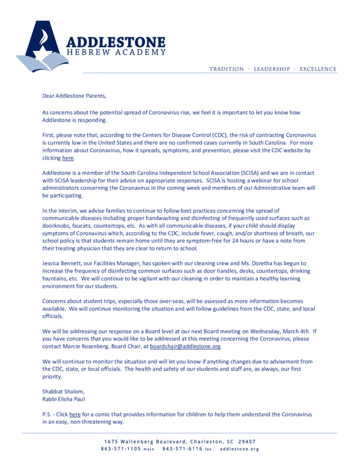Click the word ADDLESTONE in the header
116,42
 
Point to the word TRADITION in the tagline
227,69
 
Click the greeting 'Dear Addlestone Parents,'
75,95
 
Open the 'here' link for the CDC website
68,158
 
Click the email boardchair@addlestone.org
185,347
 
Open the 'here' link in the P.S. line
75,414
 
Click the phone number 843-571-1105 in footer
121,449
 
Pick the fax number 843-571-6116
182,449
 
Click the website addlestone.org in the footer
239,449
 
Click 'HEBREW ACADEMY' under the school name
116,53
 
